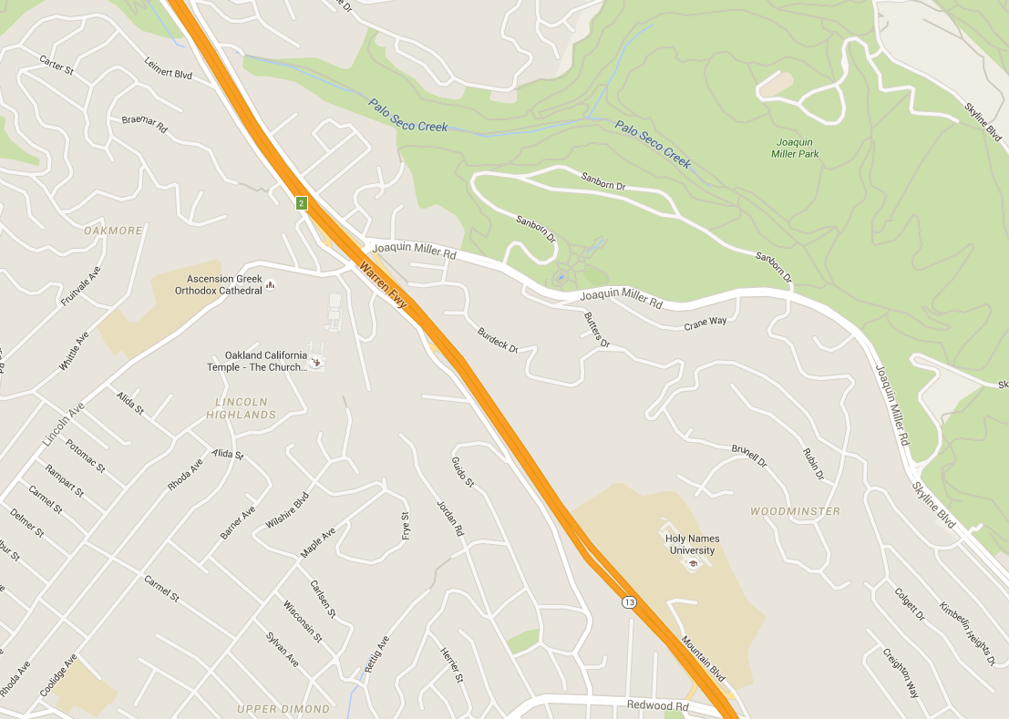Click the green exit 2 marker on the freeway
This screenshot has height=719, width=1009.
pyautogui.click(x=300, y=202)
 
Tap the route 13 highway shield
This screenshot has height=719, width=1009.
pyautogui.click(x=629, y=602)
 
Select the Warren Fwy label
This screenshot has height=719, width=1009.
pyautogui.click(x=384, y=285)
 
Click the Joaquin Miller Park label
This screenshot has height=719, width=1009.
pyautogui.click(x=797, y=148)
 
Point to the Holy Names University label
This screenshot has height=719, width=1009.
pyautogui.click(x=692, y=544)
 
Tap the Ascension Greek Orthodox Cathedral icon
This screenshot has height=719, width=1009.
pyautogui.click(x=270, y=288)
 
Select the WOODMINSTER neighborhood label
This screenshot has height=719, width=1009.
pyautogui.click(x=795, y=511)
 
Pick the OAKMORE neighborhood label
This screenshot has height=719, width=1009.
pyautogui.click(x=113, y=231)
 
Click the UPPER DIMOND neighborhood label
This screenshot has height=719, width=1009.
pyautogui.click(x=283, y=709)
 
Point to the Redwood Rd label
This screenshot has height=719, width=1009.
pyautogui.click(x=657, y=705)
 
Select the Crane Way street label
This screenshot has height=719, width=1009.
pyautogui.click(x=705, y=323)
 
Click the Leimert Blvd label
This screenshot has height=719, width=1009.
pyautogui.click(x=169, y=69)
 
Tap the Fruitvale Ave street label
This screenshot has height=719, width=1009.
pyautogui.click(x=81, y=286)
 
